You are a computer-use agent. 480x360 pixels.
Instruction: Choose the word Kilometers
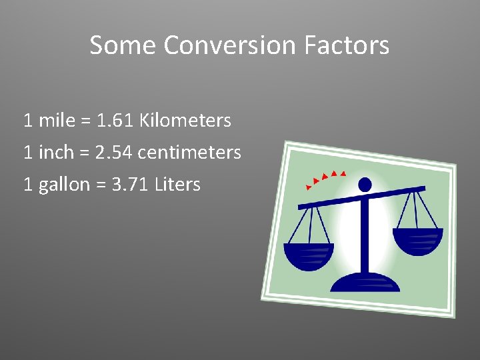[x=185, y=121]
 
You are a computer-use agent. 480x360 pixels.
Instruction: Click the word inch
[x=56, y=153]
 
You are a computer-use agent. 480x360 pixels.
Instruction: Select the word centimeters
[x=189, y=153]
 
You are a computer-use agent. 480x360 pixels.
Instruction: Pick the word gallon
[x=64, y=185]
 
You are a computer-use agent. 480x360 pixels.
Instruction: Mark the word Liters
[x=177, y=185]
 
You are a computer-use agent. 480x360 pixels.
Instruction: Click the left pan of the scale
[x=309, y=255]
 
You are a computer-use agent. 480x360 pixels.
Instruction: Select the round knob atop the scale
[x=365, y=184]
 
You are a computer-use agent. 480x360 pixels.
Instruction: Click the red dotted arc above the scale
[x=325, y=177]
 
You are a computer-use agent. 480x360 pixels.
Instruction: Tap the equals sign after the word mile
[x=85, y=121]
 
